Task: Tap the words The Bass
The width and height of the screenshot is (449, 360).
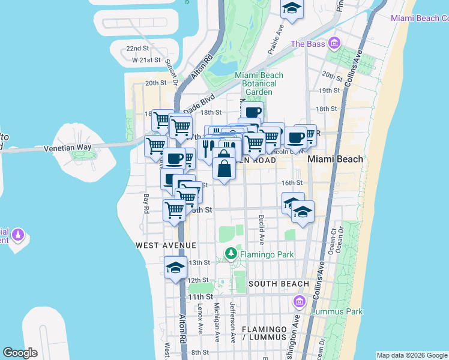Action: [307, 44]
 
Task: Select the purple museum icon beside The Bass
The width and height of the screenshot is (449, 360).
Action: [333, 43]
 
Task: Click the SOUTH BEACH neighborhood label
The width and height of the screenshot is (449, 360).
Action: [279, 283]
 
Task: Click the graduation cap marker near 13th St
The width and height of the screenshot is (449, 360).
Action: [175, 267]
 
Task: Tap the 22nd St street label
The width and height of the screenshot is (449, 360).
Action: [137, 49]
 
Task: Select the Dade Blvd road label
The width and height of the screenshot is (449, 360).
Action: [199, 102]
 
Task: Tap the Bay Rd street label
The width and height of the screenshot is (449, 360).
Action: [146, 203]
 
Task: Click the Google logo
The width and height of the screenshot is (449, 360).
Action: [20, 353]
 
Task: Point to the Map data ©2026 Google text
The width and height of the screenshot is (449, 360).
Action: [412, 355]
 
